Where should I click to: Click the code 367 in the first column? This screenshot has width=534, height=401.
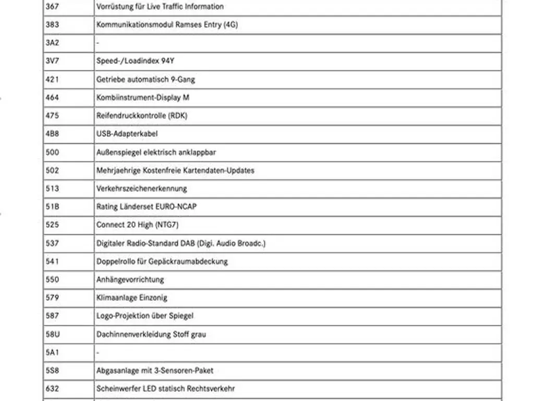[52, 7]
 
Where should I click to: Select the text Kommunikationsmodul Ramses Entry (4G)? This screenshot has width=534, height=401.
[167, 25]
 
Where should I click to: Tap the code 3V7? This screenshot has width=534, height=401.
[52, 61]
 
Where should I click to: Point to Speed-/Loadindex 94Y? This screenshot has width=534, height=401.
[135, 61]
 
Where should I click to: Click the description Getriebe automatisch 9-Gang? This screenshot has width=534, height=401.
[145, 79]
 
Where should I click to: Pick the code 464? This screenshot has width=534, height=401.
[52, 98]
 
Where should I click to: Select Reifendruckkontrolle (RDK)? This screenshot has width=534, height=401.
[141, 116]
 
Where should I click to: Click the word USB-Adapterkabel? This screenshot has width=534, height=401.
[127, 134]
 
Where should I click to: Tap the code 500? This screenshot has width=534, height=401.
[52, 152]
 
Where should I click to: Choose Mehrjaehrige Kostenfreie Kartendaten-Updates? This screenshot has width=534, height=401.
[175, 171]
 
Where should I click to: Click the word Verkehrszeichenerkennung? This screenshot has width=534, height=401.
[141, 188]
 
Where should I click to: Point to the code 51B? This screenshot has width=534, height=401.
[52, 207]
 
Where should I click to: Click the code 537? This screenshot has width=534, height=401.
[52, 243]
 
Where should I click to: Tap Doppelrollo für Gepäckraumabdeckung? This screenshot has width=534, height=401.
[162, 262]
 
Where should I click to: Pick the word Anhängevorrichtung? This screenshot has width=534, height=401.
[130, 280]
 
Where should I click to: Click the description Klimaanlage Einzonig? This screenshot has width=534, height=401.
[131, 298]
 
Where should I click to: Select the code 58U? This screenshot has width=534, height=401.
[52, 334]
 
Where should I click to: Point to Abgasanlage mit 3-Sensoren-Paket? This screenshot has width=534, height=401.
[154, 371]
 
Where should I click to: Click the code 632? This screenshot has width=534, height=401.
[52, 389]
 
